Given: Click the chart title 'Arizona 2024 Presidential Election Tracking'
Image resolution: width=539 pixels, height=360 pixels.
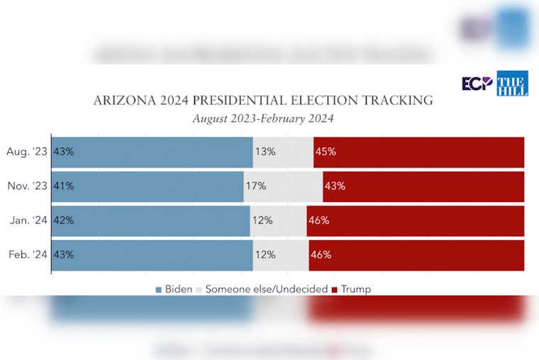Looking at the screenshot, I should tap(263, 101).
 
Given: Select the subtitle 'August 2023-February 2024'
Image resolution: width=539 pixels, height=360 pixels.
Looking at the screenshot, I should tap(263, 118).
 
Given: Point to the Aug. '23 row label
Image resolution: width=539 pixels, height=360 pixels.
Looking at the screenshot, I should tap(26, 152).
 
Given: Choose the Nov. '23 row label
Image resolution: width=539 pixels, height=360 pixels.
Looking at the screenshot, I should tap(26, 186).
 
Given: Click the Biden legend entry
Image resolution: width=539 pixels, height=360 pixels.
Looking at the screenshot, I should tap(174, 289).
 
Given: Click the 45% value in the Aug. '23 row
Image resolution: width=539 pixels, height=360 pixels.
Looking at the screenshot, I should tap(326, 152).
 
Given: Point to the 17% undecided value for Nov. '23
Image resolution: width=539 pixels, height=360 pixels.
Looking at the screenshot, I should tap(256, 186).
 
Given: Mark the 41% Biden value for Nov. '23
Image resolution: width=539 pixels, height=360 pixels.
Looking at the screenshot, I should tap(64, 186).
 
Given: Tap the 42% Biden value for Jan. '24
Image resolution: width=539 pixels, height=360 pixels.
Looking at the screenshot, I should tap(64, 220).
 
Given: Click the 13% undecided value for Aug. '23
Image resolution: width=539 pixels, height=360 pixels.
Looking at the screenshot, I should tap(265, 152).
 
